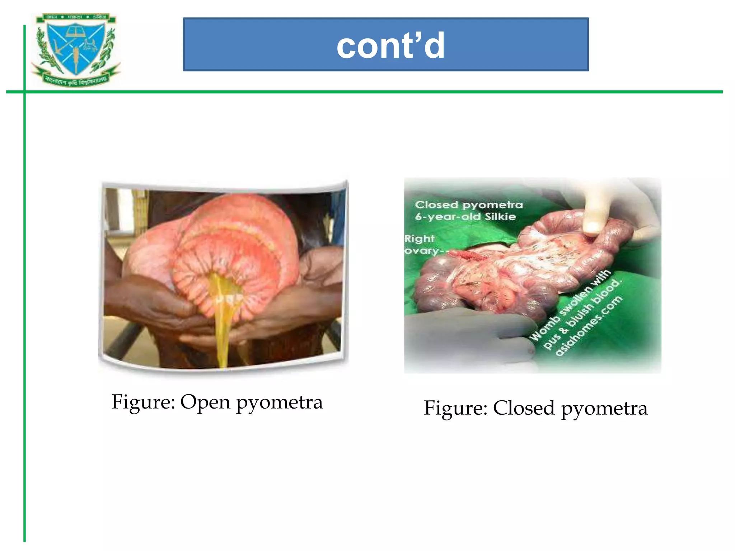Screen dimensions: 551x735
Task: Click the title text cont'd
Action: click(390, 45)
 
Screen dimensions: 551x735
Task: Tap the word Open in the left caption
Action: click(205, 402)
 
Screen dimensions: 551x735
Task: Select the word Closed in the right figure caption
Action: click(524, 408)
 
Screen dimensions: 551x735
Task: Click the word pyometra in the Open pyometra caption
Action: click(279, 403)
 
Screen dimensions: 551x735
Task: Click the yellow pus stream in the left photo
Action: click(223, 316)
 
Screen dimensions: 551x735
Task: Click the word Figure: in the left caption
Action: click(143, 402)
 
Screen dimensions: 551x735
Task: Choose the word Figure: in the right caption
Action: click(455, 408)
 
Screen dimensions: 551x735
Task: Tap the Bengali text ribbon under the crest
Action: click(76, 79)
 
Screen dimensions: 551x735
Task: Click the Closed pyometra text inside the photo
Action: click(469, 205)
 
